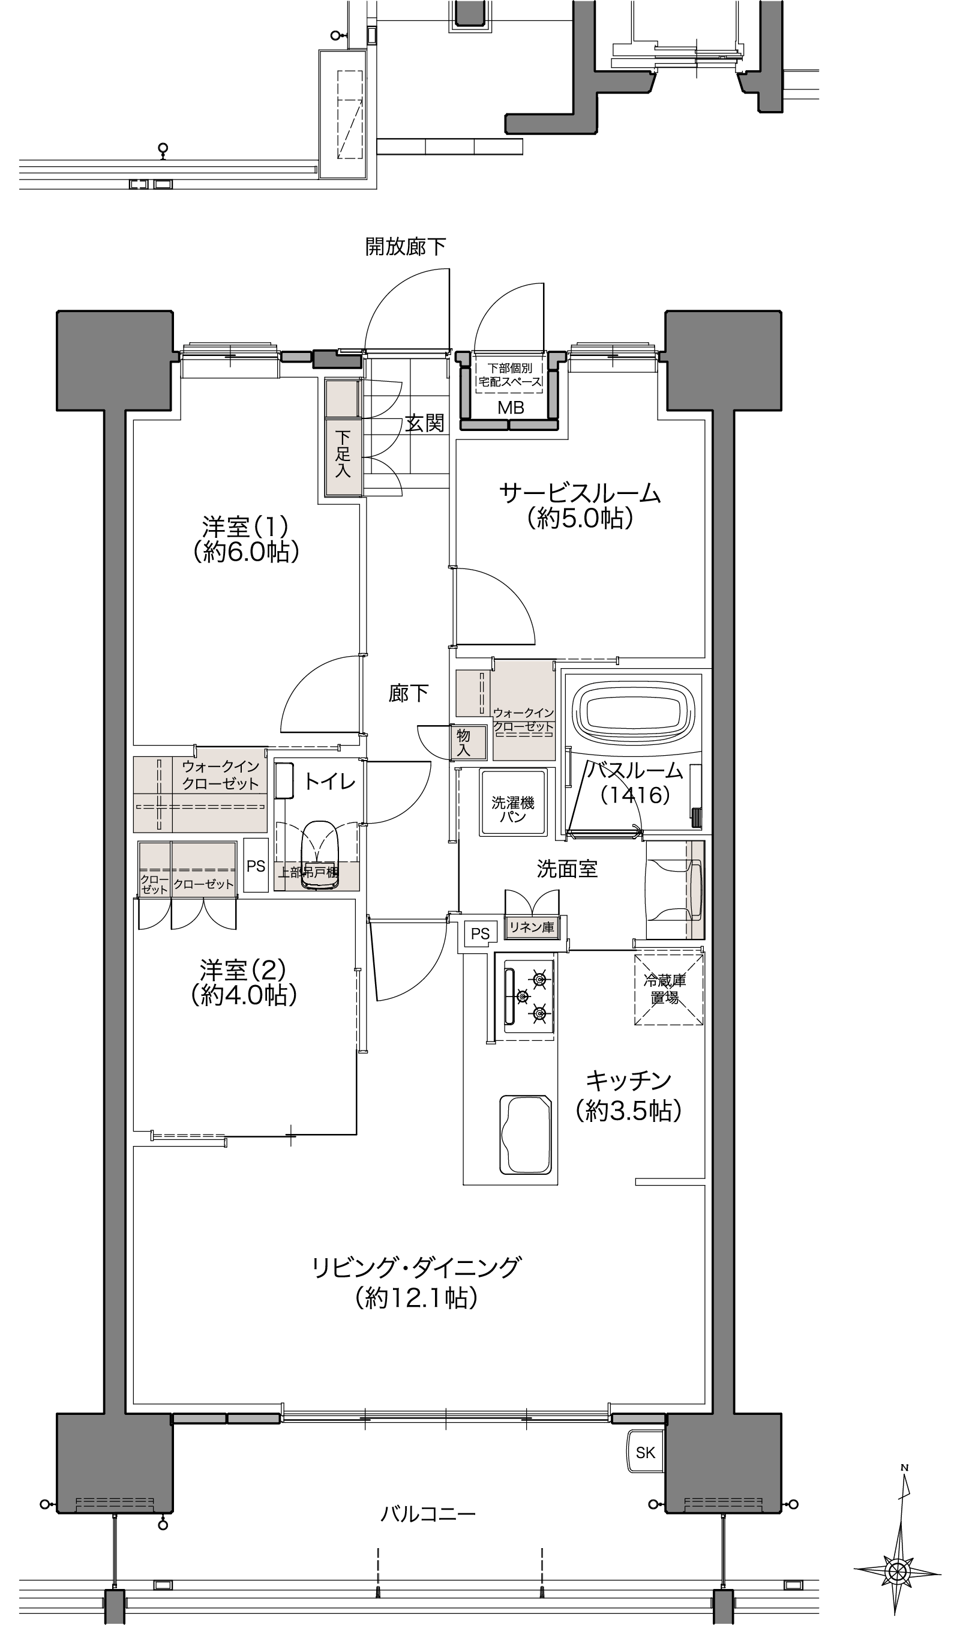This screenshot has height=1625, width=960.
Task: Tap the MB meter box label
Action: (511, 408)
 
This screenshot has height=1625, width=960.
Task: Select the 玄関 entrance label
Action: (425, 423)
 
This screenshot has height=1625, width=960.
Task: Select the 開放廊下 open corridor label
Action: (406, 247)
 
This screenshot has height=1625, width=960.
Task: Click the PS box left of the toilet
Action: (256, 865)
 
